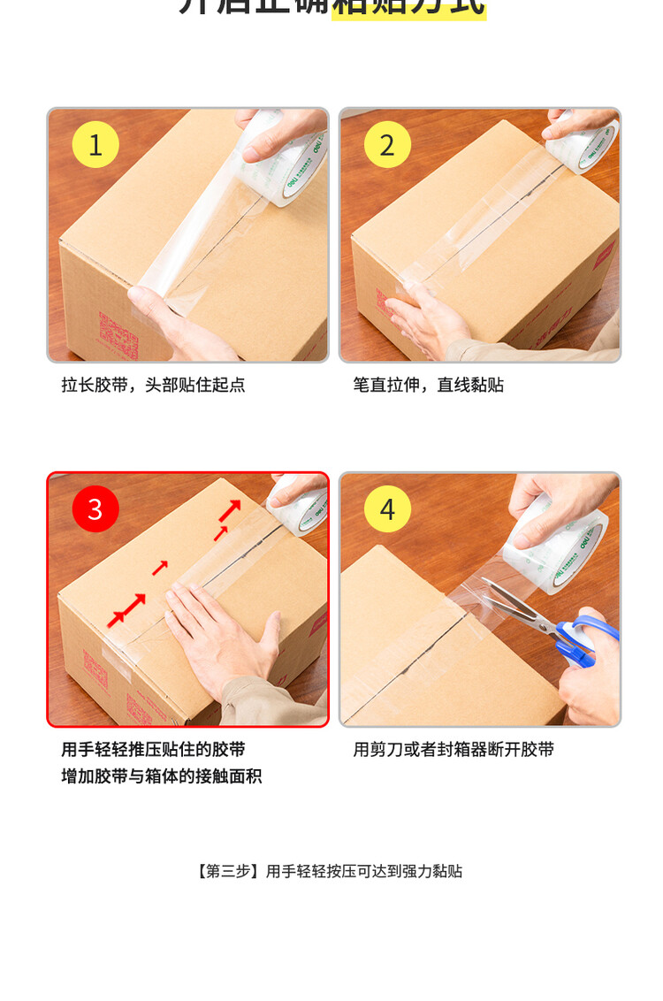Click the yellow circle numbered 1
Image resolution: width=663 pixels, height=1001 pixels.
(x=95, y=144)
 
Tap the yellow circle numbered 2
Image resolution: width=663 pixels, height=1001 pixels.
(x=387, y=144)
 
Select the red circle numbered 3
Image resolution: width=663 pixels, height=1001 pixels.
(x=95, y=508)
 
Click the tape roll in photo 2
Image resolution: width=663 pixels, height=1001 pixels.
(x=584, y=141)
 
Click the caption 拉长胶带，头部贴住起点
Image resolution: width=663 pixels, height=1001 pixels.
(x=153, y=385)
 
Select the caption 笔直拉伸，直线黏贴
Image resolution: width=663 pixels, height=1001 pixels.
(x=429, y=385)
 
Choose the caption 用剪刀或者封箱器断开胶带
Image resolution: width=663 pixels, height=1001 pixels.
(x=453, y=749)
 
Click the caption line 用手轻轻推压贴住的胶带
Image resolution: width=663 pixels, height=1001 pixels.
(x=153, y=749)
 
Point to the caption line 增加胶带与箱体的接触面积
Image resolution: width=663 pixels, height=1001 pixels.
(x=162, y=776)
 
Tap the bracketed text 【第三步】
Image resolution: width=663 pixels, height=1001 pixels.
(x=228, y=871)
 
